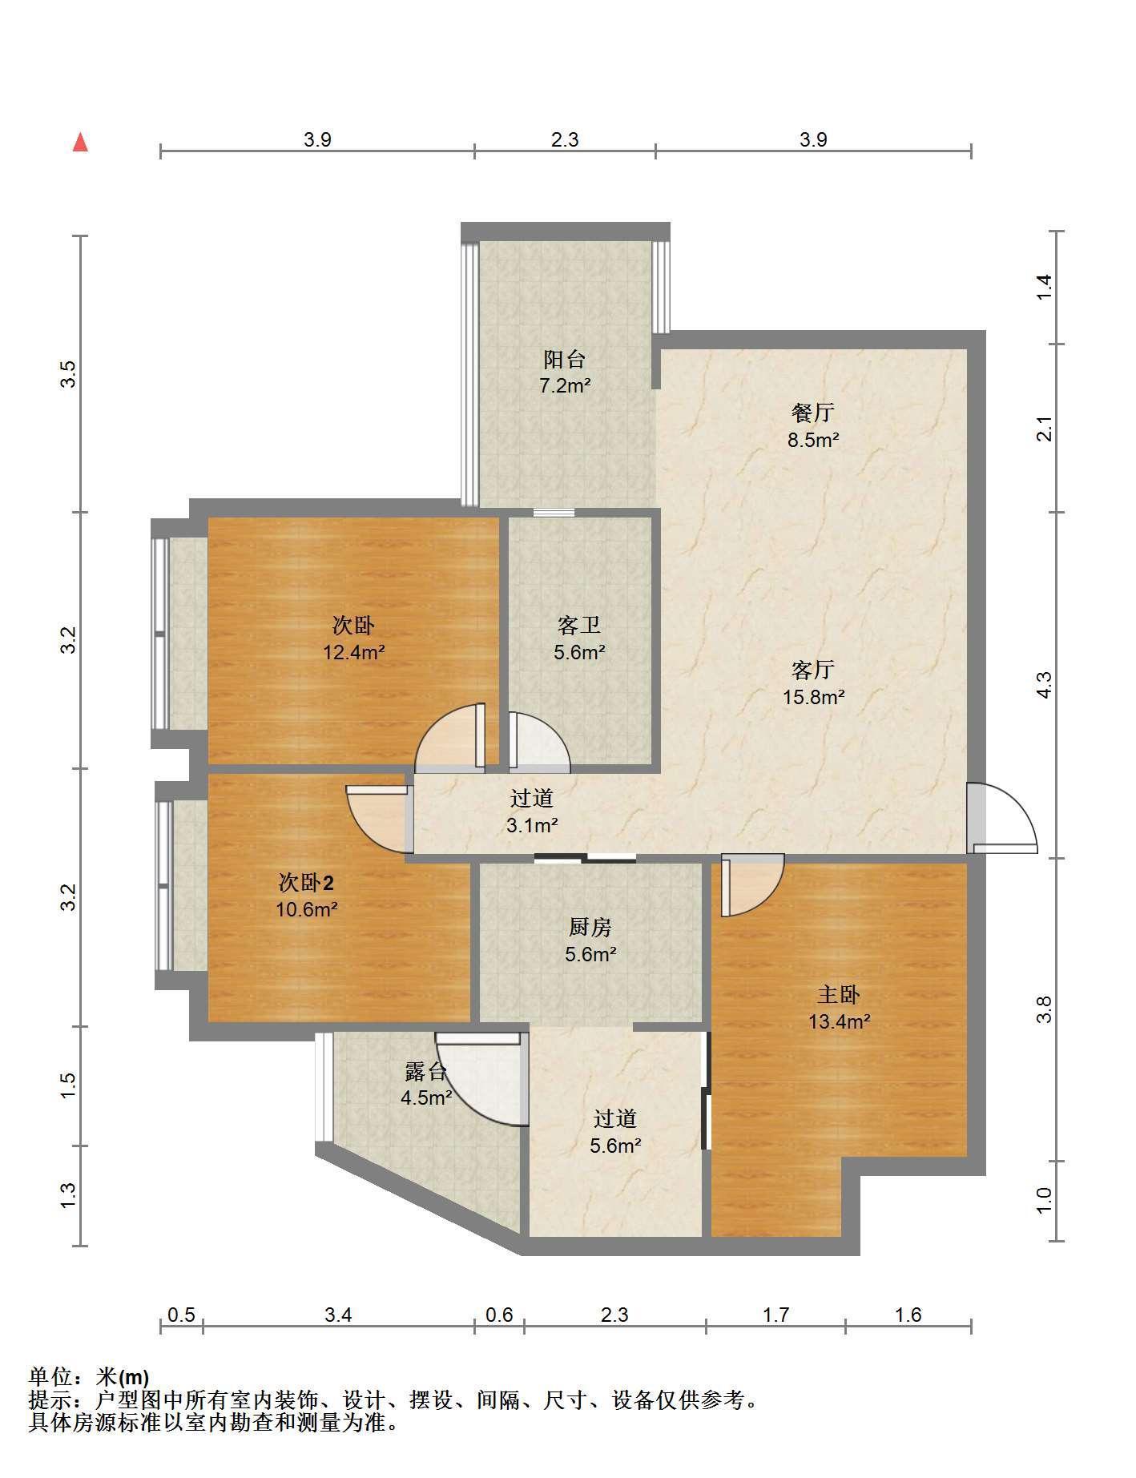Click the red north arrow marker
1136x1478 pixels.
tap(80, 143)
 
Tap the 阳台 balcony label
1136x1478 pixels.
tap(565, 359)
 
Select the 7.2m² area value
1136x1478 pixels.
tap(565, 386)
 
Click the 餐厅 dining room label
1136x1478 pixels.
tap(813, 413)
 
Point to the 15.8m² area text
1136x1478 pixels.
tap(813, 697)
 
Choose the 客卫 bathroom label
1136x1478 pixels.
tap(579, 625)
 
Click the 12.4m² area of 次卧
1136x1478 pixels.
tap(354, 652)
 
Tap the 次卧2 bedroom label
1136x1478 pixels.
tap(306, 883)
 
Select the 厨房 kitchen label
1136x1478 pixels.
tap(590, 927)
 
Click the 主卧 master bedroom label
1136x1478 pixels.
tap(839, 994)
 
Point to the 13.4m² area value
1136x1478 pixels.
tap(839, 1021)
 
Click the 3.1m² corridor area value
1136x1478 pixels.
tap(532, 825)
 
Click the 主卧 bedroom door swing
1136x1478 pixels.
tap(752, 885)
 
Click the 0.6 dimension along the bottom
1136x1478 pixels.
tap(499, 1315)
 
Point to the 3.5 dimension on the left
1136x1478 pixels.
tap(69, 374)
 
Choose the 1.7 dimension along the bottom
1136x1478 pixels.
tap(775, 1315)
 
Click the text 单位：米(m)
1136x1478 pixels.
tap(88, 1377)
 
